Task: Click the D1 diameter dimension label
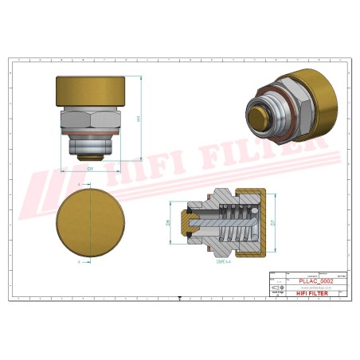click(91, 170)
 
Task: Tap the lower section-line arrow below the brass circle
click(79, 260)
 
